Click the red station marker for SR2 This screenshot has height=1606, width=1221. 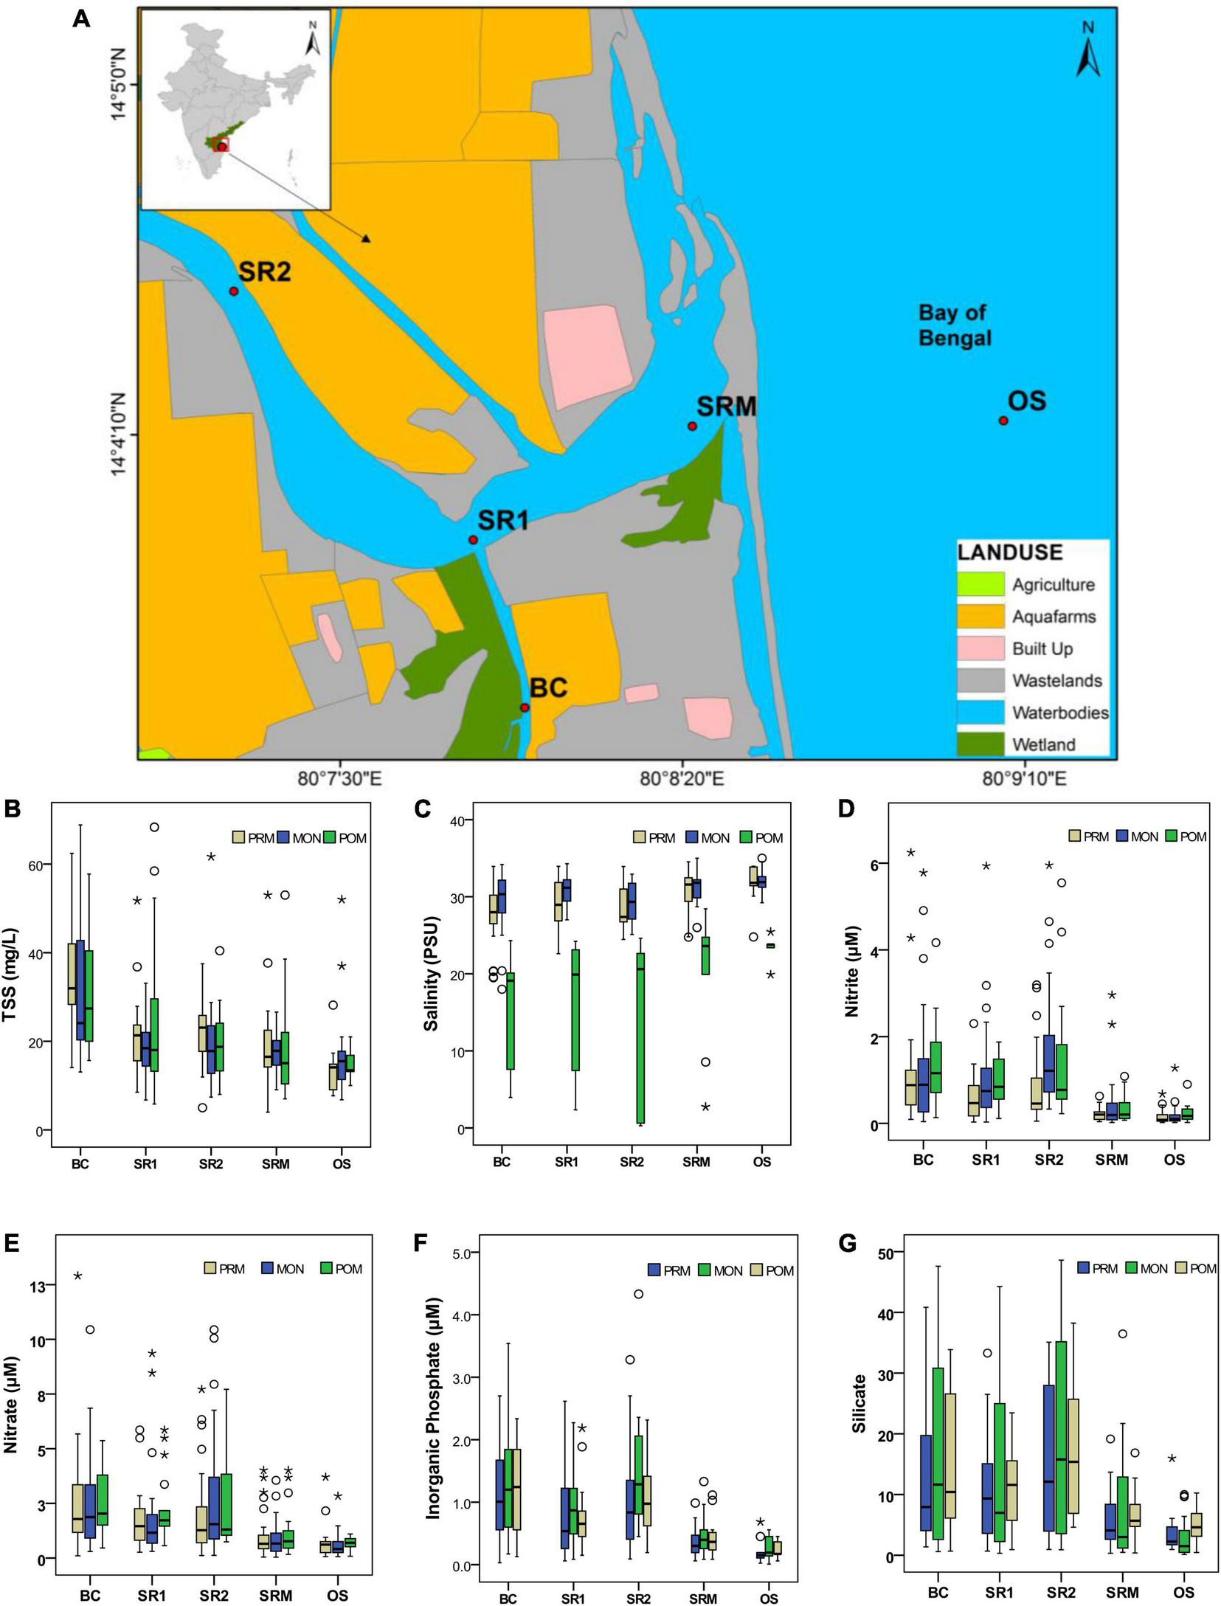point(234,291)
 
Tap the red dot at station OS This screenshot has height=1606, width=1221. point(1003,420)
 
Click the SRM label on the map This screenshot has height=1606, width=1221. point(727,406)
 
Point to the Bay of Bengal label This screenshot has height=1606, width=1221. point(954,325)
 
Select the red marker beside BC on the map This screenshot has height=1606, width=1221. point(525,707)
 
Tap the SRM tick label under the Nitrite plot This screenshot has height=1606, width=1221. point(1111,1160)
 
